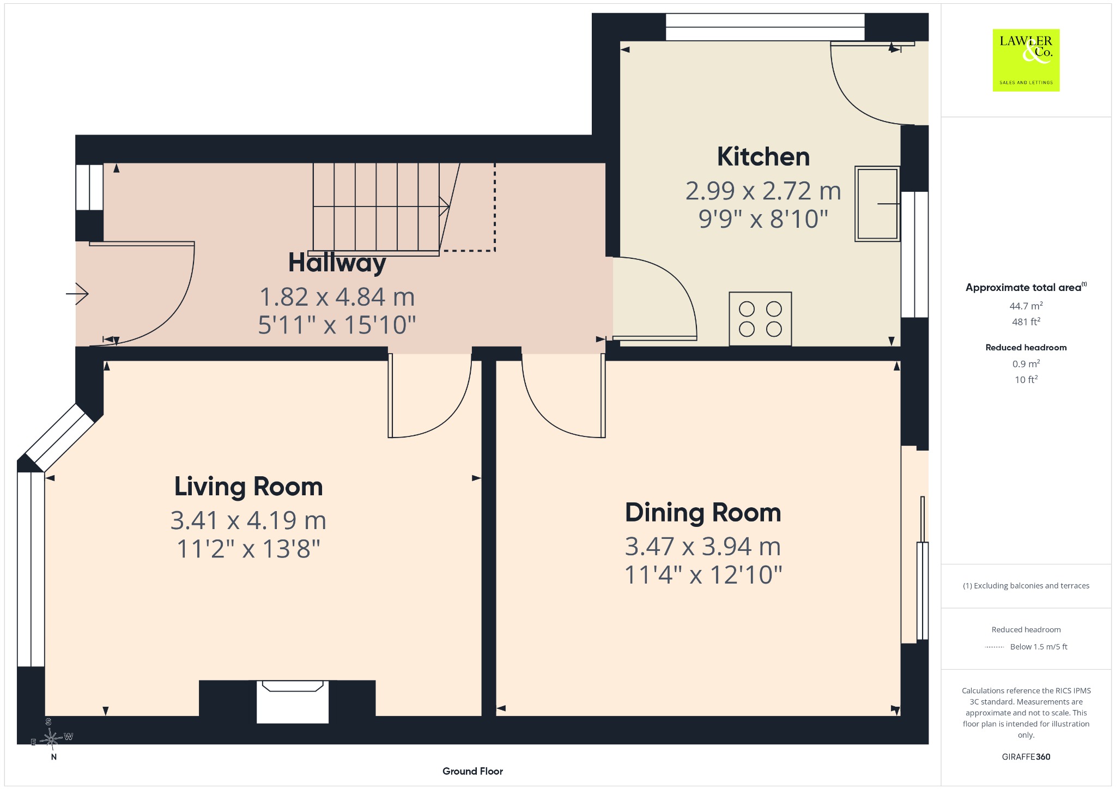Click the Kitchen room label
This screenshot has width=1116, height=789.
point(763,157)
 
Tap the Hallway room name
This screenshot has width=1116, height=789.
point(337,263)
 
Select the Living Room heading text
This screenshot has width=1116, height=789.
point(248,487)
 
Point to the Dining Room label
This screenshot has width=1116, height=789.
point(703,513)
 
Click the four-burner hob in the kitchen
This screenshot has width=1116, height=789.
point(760,319)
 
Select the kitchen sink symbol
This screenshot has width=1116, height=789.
point(877,204)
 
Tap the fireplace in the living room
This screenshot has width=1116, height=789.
point(293,702)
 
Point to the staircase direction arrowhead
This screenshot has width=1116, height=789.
point(444,207)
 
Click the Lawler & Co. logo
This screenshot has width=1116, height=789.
point(1026,60)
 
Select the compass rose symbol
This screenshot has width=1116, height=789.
point(51,739)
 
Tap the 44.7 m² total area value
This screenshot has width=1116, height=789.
point(1026,306)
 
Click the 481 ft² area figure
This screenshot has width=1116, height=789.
point(1026,321)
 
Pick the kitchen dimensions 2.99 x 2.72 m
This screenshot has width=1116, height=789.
point(763,191)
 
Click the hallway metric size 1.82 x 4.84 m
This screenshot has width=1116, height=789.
point(337,297)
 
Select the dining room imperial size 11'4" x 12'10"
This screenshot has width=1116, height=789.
point(703,575)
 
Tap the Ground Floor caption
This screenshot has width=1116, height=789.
point(472,771)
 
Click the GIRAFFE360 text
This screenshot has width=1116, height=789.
point(1026,756)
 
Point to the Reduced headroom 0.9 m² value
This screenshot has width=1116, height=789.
point(1026,363)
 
